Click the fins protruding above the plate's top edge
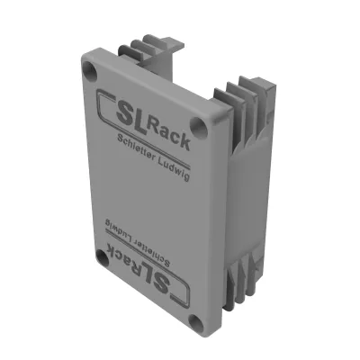click(x=157, y=51)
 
